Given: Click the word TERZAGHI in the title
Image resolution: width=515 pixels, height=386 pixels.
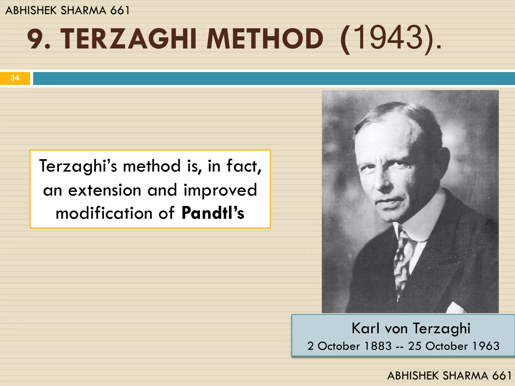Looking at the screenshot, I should [128, 39].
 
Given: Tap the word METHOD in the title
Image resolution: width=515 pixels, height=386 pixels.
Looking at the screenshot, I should [265, 39].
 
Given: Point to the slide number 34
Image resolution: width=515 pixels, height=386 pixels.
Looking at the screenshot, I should [15, 78].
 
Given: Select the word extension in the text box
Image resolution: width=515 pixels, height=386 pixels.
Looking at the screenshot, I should [105, 190].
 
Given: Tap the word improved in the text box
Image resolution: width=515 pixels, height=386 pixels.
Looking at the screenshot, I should [220, 190].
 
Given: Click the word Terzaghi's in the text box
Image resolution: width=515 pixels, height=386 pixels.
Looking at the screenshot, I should [78, 166].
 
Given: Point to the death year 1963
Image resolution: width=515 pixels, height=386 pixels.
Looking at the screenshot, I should [486, 346].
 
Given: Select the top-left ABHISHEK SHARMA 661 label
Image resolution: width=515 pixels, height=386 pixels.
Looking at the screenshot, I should [67, 11].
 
